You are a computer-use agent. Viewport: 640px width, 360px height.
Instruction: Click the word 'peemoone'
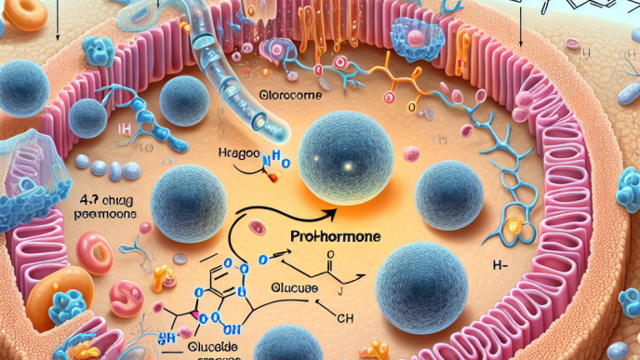104,213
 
